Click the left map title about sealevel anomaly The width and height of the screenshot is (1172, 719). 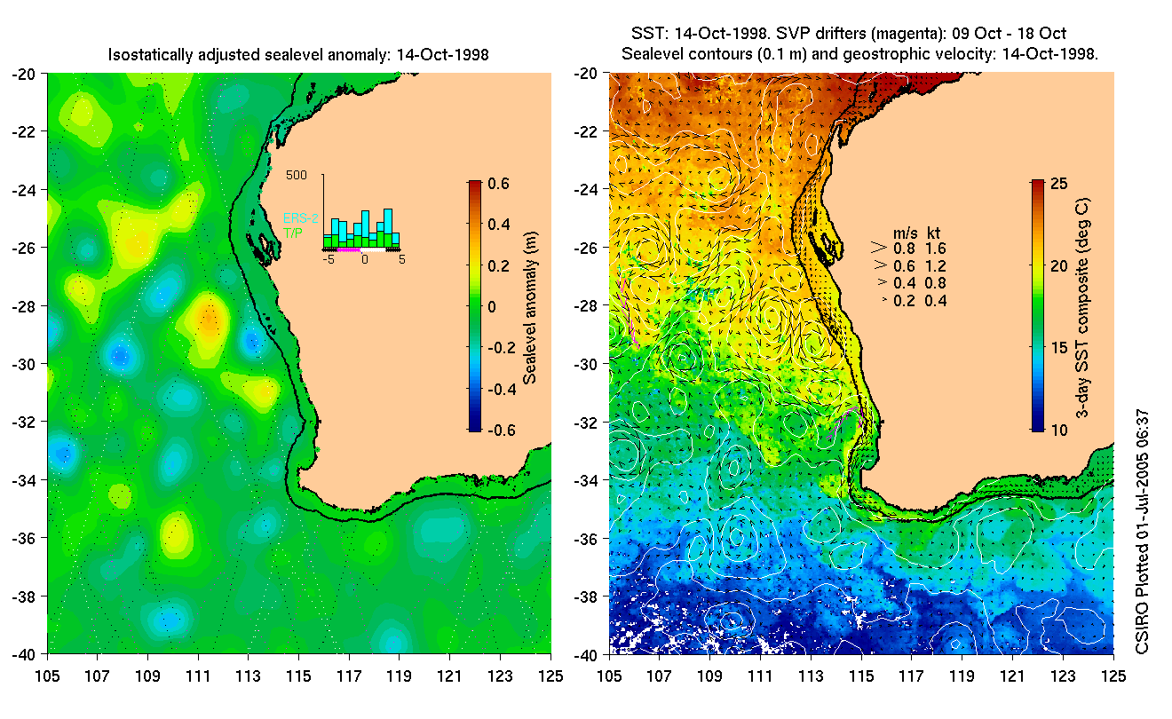point(298,55)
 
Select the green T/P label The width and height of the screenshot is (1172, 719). point(292,232)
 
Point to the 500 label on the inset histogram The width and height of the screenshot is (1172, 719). point(296,175)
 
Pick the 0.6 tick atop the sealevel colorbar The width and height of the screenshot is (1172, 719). point(497,184)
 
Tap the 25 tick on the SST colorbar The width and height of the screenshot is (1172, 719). point(1057,184)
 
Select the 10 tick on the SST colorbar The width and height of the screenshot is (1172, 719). point(1057,431)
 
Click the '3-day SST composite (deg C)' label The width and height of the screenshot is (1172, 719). point(1084,306)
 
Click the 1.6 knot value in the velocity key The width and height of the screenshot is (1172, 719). point(935,249)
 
